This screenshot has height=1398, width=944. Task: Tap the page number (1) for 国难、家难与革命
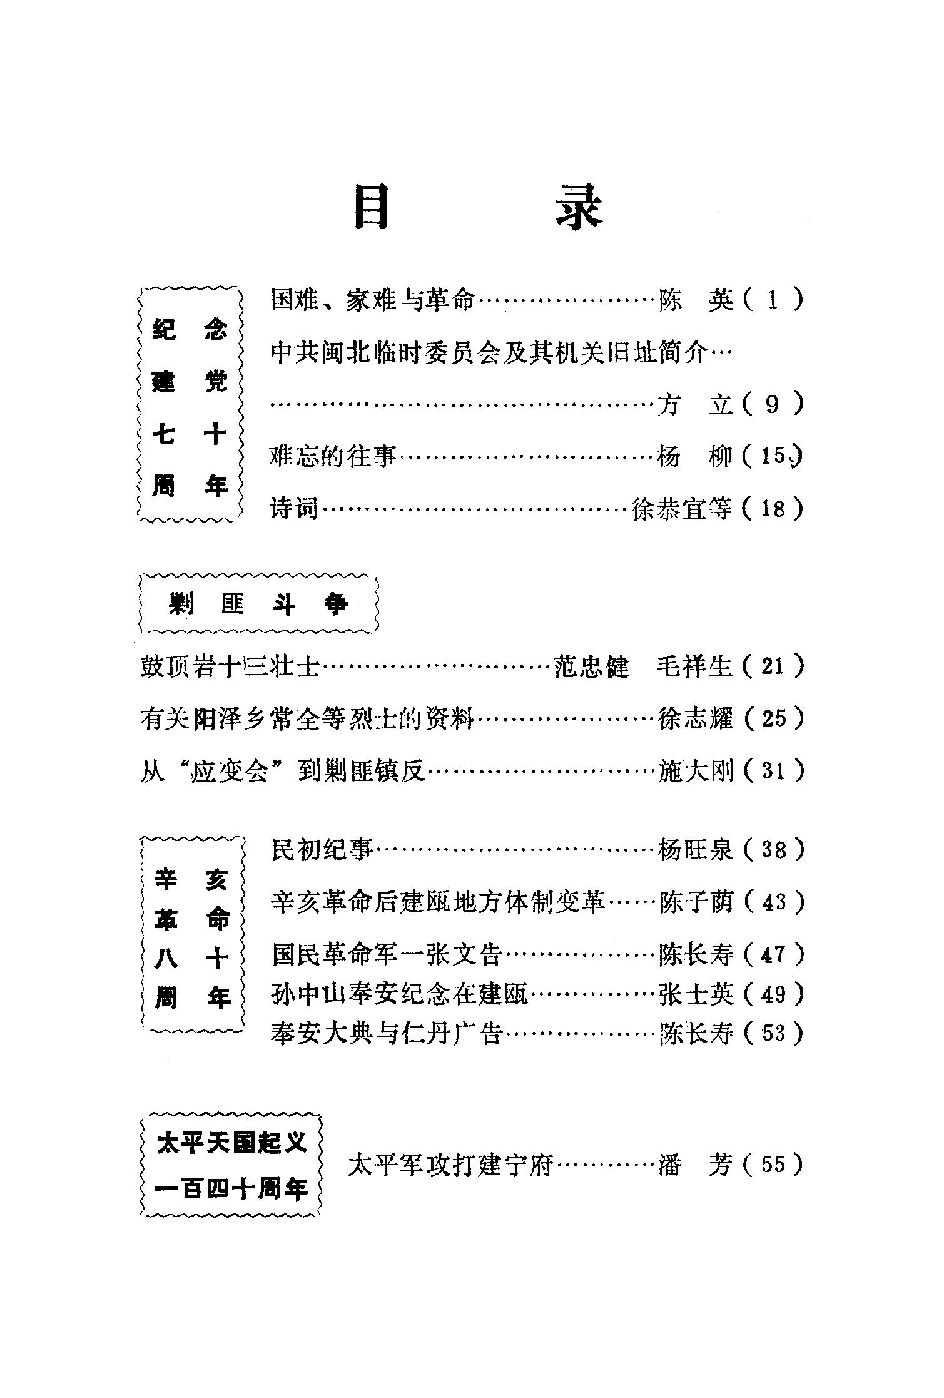pos(772,300)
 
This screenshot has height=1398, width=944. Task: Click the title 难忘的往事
pos(333,457)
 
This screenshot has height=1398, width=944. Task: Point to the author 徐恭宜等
pos(681,509)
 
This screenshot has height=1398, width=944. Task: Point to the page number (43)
pos(773,902)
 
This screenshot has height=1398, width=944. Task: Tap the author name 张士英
pos(696,994)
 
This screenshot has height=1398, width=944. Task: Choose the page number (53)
pos(773,1033)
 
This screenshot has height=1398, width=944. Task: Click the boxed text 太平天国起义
pos(231,1143)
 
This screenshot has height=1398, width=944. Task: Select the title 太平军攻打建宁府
pos(450,1166)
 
